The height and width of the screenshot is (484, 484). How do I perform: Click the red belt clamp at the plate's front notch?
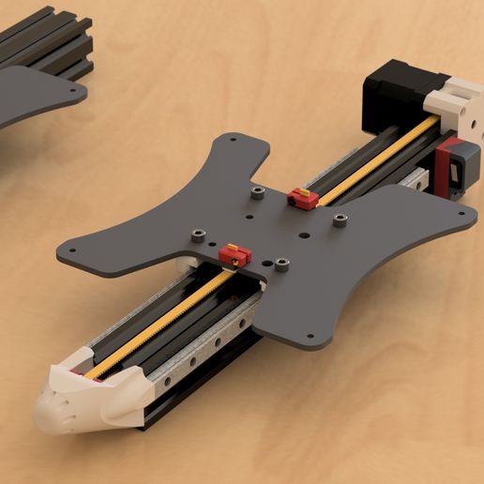(x=234, y=253)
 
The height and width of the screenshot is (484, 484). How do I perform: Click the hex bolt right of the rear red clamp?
(x=340, y=219)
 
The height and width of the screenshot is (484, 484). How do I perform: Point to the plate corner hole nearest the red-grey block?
(x=459, y=213)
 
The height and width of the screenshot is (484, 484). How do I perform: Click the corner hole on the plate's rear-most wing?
(x=230, y=140)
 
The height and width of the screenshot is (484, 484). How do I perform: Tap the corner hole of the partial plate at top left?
(x=74, y=85)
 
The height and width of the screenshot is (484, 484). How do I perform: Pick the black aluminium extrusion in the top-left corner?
(x=56, y=42)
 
